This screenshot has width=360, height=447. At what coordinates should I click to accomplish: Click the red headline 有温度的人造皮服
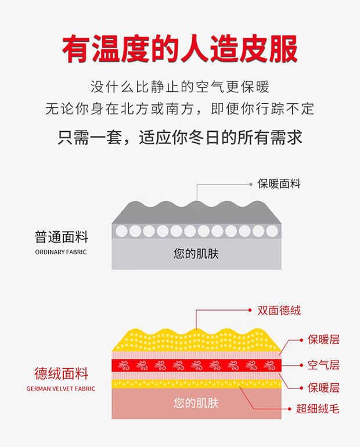(x=179, y=49)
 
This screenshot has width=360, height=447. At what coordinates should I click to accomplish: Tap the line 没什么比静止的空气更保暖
(x=179, y=88)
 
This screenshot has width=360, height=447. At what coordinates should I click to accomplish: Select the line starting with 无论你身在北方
(x=179, y=109)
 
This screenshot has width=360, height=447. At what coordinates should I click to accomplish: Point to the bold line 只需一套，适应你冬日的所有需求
(x=179, y=138)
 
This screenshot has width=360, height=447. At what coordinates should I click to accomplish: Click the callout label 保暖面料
(x=279, y=184)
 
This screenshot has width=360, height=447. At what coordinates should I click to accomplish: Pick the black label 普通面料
(x=61, y=237)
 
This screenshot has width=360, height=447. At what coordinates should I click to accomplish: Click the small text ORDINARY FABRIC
(x=61, y=252)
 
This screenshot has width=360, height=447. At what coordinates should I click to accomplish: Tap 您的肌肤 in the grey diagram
(x=196, y=253)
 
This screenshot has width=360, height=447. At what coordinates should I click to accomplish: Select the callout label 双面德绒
(x=279, y=311)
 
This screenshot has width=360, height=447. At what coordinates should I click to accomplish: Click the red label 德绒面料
(x=61, y=373)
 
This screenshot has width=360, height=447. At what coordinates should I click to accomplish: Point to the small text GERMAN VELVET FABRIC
(x=61, y=388)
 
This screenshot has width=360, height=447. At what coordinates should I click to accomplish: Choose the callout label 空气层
(x=323, y=365)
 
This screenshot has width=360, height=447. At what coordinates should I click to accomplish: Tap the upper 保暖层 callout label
(x=323, y=340)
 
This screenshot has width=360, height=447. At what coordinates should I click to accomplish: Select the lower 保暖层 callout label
(x=323, y=388)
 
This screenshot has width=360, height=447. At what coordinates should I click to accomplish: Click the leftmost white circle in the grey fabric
(x=122, y=231)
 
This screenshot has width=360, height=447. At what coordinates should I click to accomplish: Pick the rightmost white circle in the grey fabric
(x=272, y=231)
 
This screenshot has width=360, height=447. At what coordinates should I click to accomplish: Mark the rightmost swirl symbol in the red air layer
(x=269, y=365)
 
